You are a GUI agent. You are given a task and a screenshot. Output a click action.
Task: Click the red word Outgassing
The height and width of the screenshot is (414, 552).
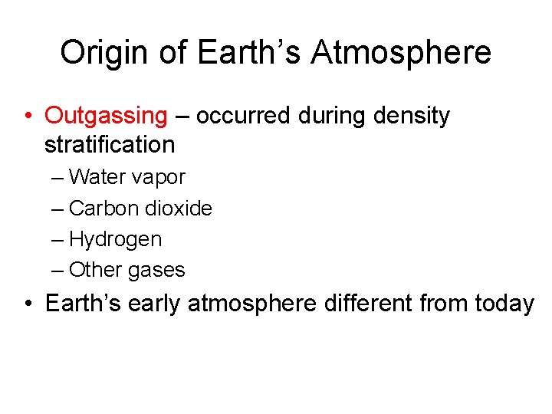106,117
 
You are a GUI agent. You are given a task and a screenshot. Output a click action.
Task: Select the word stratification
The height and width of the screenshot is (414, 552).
110,144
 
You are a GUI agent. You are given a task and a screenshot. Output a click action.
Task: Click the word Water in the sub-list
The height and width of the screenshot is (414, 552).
98,177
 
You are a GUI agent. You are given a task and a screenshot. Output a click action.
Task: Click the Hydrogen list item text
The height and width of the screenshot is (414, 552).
115,239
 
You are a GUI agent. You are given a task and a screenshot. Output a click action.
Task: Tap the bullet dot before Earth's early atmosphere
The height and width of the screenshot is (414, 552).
27,304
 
